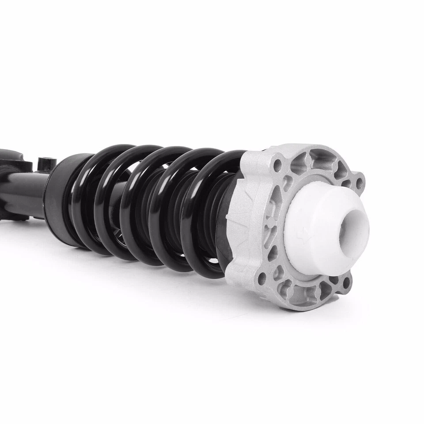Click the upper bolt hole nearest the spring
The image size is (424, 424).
(277, 166)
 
